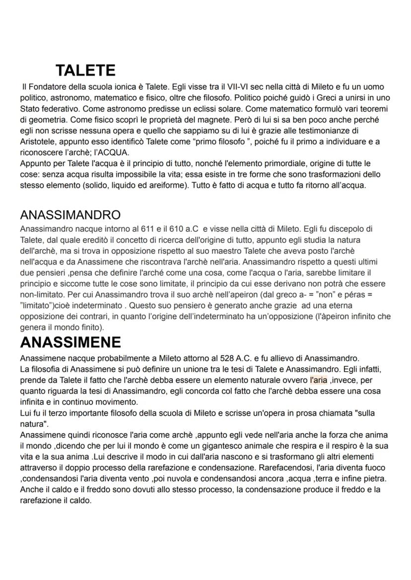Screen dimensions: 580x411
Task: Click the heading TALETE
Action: point(85,70)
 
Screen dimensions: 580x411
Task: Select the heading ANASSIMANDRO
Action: point(70,215)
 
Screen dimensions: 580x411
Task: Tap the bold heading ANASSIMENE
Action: point(70,342)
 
